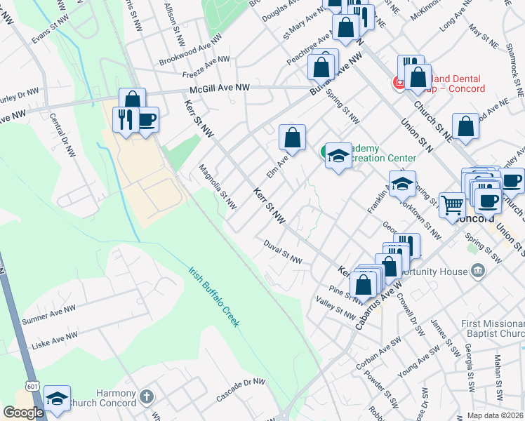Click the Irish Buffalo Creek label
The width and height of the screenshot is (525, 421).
[213, 296]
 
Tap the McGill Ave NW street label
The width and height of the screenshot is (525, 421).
[219, 88]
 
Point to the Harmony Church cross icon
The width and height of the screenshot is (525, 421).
[146, 396]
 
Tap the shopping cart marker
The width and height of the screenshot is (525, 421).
[453, 204]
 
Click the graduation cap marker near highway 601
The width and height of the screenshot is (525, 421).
[57, 398]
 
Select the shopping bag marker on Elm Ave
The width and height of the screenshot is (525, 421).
[293, 138]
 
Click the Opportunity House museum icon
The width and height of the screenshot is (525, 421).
[477, 271]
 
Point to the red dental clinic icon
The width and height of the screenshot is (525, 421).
[399, 83]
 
